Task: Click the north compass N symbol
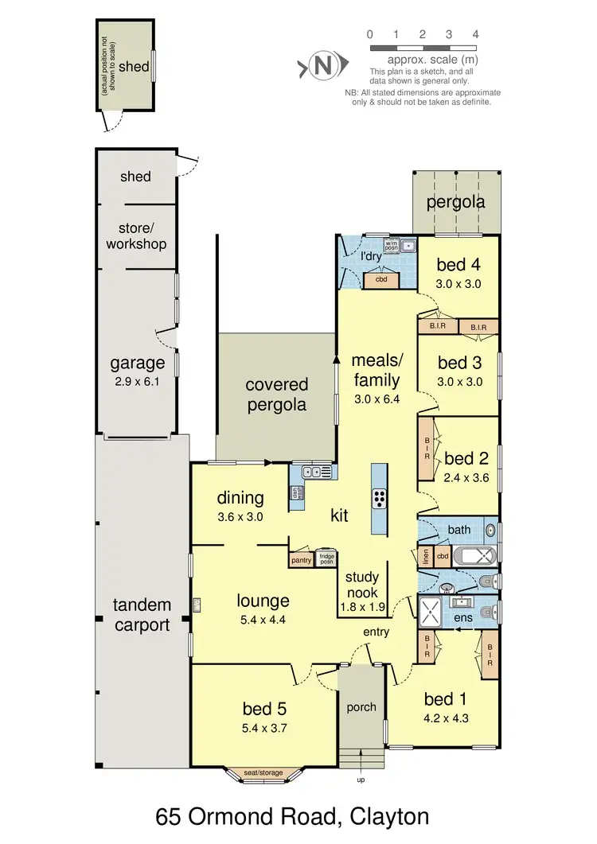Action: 322,65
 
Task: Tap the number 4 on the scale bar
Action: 475,34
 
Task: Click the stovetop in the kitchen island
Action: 378,499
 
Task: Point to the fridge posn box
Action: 325,558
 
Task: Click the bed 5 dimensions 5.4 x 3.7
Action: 263,727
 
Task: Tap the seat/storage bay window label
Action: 263,772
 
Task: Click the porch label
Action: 361,706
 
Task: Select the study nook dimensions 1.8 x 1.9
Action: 362,608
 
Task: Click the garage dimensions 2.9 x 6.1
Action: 137,381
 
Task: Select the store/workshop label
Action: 136,236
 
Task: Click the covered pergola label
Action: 276,395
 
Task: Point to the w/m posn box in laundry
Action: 391,244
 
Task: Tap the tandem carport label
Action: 142,615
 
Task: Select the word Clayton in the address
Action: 381,817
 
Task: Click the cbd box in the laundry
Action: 380,278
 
